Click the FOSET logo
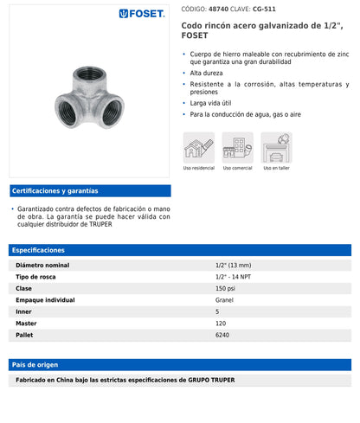(x=143, y=14)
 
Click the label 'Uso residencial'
(x=199, y=168)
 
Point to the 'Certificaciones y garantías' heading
(x=55, y=190)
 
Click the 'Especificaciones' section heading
(x=38, y=250)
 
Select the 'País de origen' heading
(x=35, y=364)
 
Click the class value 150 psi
(x=225, y=288)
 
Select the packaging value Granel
(x=224, y=299)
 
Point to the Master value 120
(x=221, y=323)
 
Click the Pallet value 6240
(x=222, y=334)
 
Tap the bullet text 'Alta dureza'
(x=207, y=74)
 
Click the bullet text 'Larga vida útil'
(x=211, y=102)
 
